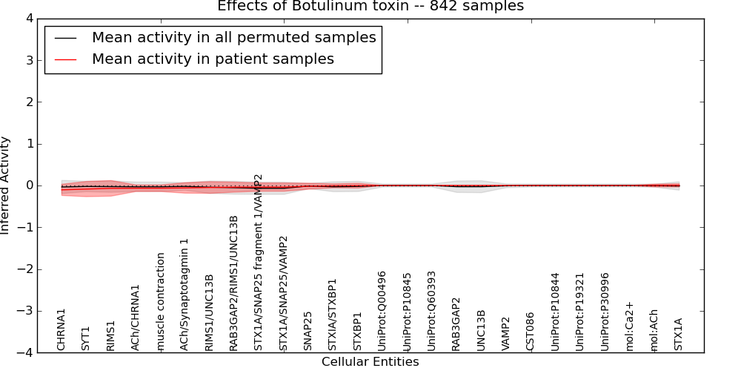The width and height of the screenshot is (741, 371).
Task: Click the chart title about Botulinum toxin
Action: click(370, 7)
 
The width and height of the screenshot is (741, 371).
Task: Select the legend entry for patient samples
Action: click(213, 59)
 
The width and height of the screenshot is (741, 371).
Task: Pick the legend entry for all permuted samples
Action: click(233, 37)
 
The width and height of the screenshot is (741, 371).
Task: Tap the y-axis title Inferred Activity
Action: click(6, 185)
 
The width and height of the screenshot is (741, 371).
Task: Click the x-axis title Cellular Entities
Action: click(370, 362)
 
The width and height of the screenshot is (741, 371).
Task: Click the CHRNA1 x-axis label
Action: click(62, 329)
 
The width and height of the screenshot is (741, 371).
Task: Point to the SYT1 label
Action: click(86, 338)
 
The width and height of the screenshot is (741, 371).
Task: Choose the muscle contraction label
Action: click(160, 301)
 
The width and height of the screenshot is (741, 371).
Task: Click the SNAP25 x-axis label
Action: click(308, 331)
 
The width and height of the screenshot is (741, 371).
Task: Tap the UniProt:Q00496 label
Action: click(382, 311)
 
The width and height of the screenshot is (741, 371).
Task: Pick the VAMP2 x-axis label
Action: click(506, 334)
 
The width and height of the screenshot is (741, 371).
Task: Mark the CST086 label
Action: click(531, 331)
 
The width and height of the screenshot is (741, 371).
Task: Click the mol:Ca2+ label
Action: click(630, 326)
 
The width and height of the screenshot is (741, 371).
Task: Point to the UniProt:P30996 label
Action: click(605, 312)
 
